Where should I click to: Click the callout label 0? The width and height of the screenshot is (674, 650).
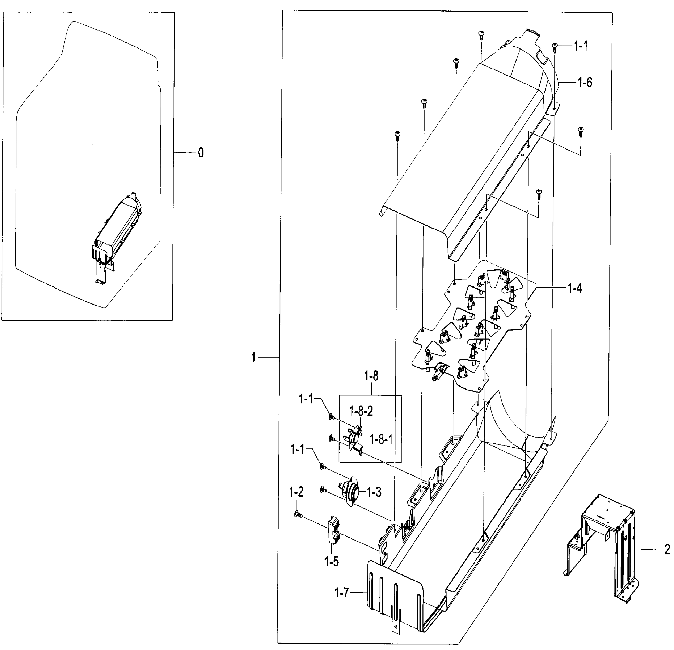pyautogui.click(x=201, y=153)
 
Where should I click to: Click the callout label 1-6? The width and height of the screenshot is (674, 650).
pyautogui.click(x=585, y=83)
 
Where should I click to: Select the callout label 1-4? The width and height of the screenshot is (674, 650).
pyautogui.click(x=574, y=288)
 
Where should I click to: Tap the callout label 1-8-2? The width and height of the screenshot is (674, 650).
pyautogui.click(x=361, y=411)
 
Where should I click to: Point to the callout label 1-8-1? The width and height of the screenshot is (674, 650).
pyautogui.click(x=381, y=439)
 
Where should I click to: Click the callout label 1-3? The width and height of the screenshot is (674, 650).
pyautogui.click(x=374, y=492)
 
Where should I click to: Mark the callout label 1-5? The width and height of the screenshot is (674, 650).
pyautogui.click(x=331, y=562)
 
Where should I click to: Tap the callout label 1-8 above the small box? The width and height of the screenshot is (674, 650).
pyautogui.click(x=371, y=376)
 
